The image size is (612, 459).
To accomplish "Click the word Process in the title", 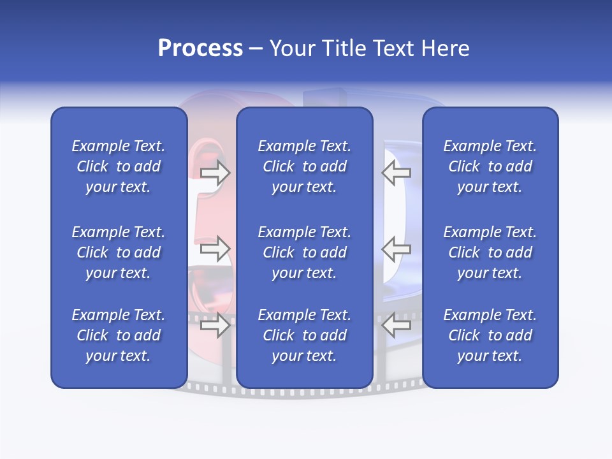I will (200, 48).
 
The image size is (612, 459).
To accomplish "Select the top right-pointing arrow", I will (215, 172).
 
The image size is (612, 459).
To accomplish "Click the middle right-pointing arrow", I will (215, 249).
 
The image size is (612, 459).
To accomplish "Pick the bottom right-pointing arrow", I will (215, 326).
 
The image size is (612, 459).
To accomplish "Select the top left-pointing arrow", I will (397, 172).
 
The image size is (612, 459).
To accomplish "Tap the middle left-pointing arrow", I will (397, 249).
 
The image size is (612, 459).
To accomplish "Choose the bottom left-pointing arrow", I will (397, 326).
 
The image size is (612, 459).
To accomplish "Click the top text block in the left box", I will (119, 166).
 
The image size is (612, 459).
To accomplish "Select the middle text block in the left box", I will (119, 252).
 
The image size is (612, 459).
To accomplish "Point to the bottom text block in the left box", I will (119, 335).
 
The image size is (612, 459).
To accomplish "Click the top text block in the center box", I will (304, 166).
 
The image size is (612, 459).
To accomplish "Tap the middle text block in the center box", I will (304, 252).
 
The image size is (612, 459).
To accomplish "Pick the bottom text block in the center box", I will (304, 335).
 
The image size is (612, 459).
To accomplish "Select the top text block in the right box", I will (490, 166).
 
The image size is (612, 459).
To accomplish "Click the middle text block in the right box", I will (490, 252).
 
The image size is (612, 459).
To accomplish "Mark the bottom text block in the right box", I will (490, 335).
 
